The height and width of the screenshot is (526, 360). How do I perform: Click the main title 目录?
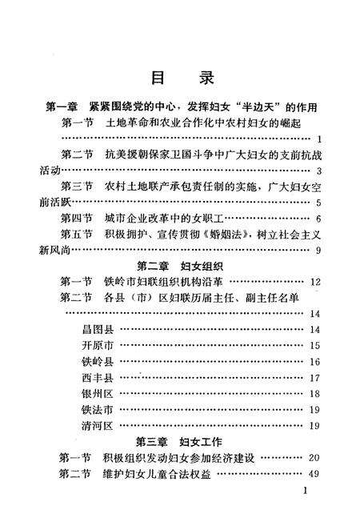pos(180,78)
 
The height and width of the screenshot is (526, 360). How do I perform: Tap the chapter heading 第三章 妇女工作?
pos(180,441)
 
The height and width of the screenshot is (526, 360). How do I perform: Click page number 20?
pos(314,457)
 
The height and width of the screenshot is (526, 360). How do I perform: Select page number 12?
pos(314,283)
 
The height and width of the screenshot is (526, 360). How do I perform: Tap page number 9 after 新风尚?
pos(318,251)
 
